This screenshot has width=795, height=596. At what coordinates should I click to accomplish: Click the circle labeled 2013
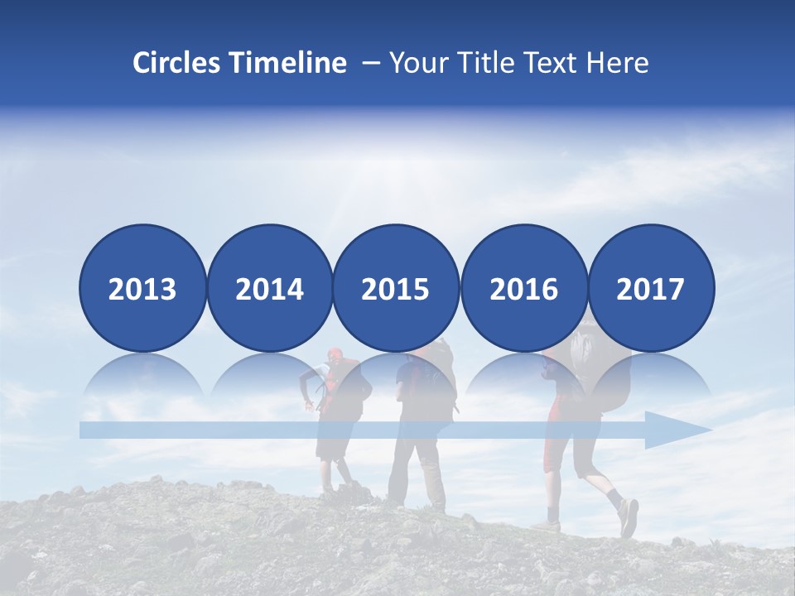[x=142, y=288]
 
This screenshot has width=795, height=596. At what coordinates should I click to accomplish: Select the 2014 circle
[x=269, y=288]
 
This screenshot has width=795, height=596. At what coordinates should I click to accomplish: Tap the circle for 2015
[x=396, y=288]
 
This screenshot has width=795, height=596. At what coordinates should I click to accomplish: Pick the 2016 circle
[x=523, y=288]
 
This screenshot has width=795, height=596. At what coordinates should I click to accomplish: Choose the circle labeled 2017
[x=650, y=288]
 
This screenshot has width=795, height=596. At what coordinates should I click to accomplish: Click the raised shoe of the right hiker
[x=629, y=517]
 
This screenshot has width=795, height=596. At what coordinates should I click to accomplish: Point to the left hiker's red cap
[x=334, y=355]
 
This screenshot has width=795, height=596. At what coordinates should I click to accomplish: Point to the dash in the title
[x=371, y=63]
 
